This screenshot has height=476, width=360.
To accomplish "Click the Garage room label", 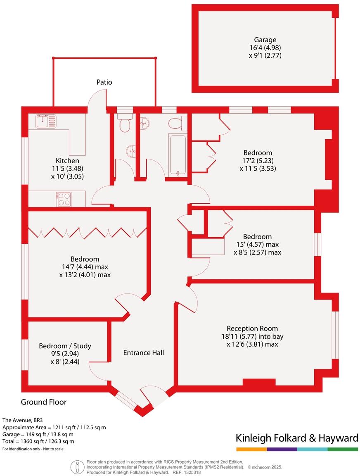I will (x=265, y=40).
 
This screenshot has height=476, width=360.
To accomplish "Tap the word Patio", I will (x=104, y=82).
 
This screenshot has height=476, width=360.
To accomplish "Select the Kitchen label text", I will (x=67, y=160).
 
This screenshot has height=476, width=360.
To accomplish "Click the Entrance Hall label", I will (x=143, y=352).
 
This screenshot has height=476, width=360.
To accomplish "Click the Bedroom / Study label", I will (x=65, y=346).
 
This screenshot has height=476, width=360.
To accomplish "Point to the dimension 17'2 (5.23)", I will (x=258, y=161).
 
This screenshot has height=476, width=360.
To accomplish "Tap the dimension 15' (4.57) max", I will (x=257, y=245).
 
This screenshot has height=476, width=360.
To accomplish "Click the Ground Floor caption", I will (x=44, y=402).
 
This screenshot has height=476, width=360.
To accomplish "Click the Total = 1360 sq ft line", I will (x=38, y=441).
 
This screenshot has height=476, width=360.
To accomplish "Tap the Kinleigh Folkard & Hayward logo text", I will (x=297, y=438).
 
